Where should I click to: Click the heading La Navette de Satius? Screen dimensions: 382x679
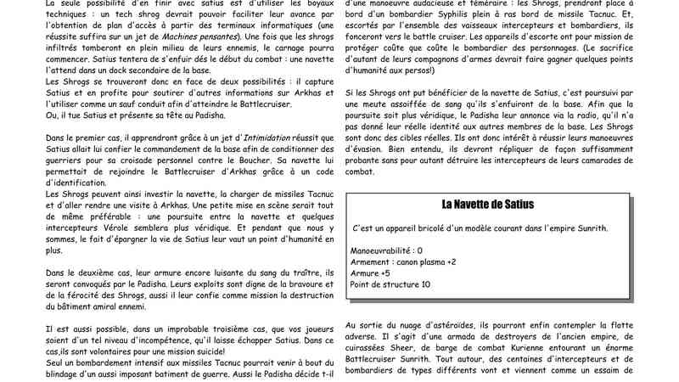click(x=487, y=205)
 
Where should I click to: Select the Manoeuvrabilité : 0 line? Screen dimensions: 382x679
click(x=386, y=250)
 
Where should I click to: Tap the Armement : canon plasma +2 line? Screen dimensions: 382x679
click(x=403, y=261)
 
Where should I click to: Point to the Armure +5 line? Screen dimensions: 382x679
click(x=370, y=272)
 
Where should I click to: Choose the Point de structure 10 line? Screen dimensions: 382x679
click(x=390, y=284)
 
